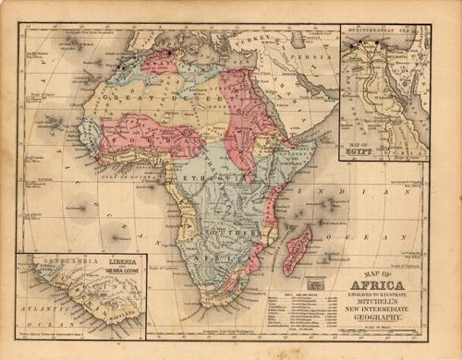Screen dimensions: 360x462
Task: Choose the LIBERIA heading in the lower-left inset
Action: (123, 262)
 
